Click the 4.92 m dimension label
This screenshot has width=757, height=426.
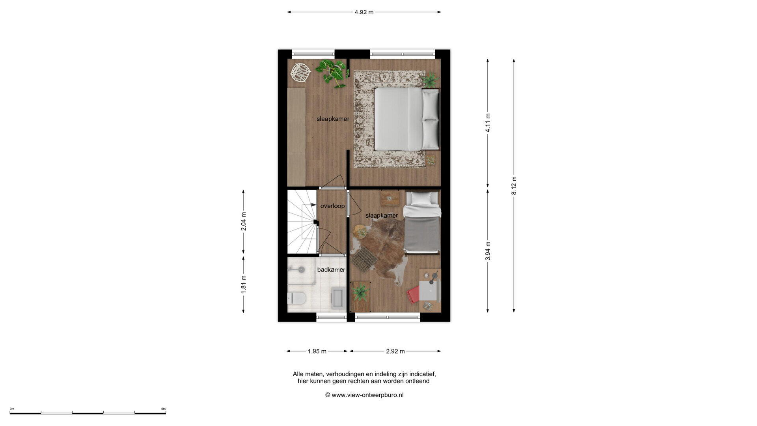click(364, 12)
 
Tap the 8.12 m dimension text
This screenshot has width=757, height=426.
click(514, 185)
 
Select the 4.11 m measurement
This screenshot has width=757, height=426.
click(488, 123)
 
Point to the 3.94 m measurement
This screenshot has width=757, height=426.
click(488, 251)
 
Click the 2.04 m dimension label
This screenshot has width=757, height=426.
click(243, 222)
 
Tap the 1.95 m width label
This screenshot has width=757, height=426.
click(317, 351)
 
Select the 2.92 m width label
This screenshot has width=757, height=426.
click(395, 351)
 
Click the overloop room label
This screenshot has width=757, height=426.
click(332, 206)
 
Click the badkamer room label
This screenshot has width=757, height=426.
click(331, 270)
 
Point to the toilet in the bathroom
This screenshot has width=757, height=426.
click(297, 298)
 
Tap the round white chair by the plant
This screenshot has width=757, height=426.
click(300, 73)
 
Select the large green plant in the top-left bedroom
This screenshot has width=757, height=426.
click(332, 72)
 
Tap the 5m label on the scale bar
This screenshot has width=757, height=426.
click(163, 409)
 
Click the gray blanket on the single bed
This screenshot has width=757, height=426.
click(422, 234)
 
